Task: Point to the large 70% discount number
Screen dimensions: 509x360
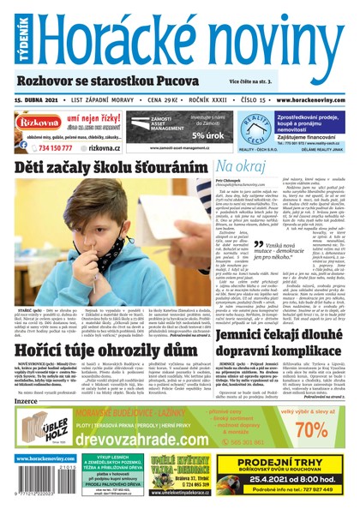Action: pos(322,428)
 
